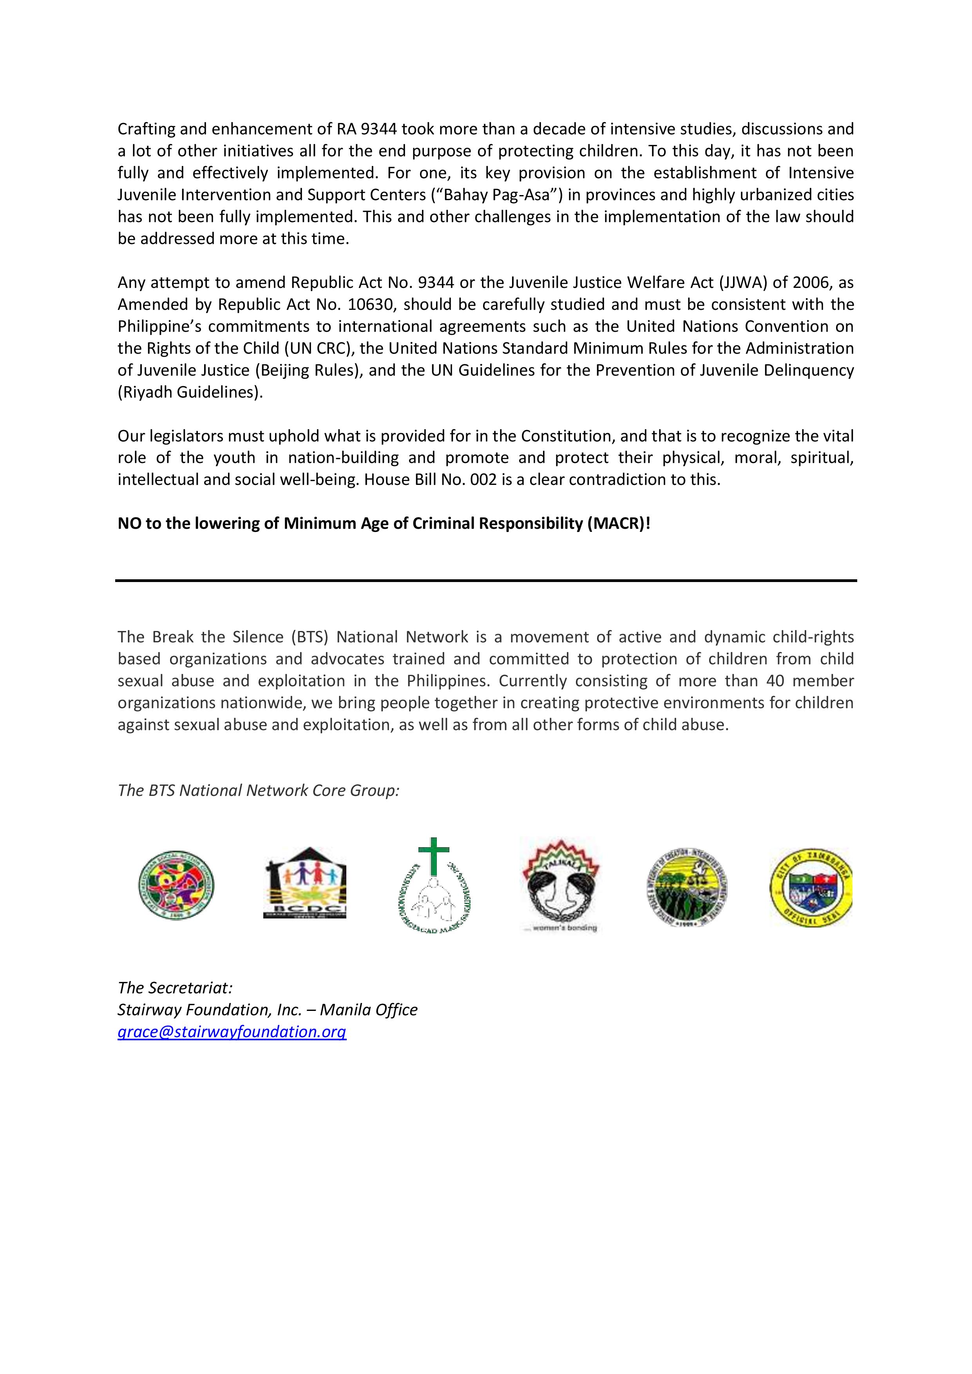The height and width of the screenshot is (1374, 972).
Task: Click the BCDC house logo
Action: pyautogui.click(x=305, y=883)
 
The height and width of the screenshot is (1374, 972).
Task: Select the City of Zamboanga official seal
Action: pyautogui.click(x=811, y=887)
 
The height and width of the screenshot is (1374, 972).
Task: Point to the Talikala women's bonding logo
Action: pyautogui.click(x=560, y=884)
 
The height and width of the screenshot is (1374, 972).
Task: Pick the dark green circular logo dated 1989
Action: pyautogui.click(x=687, y=888)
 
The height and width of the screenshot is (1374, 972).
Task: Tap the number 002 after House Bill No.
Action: pyautogui.click(x=483, y=480)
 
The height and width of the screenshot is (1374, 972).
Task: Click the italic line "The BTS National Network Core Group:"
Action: pyautogui.click(x=258, y=790)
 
